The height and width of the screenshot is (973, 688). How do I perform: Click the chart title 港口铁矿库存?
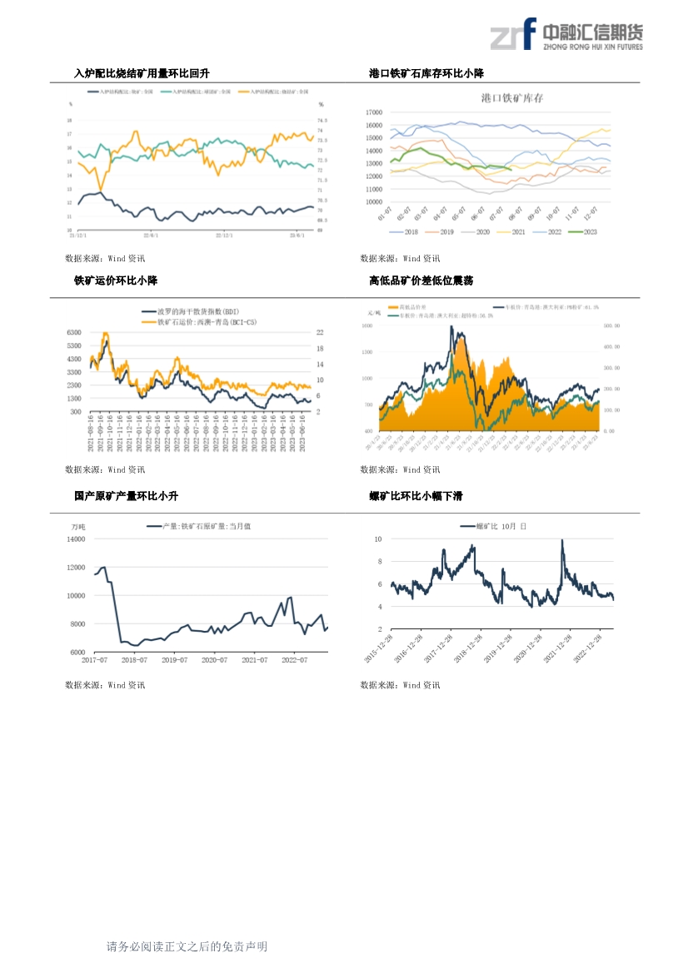tap(511, 98)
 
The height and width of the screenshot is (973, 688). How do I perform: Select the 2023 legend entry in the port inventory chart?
tap(582, 232)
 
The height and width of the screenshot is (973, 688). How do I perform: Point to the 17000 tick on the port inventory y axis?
tap(373, 112)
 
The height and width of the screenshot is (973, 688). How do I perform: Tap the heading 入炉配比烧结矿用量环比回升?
tap(142, 74)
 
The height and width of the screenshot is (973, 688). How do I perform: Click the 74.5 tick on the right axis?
tap(322, 120)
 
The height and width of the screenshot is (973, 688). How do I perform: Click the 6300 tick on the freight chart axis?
tap(73, 332)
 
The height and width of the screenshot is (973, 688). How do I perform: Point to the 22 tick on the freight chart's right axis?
tap(319, 332)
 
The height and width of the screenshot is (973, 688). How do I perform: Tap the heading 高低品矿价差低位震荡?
tap(421, 281)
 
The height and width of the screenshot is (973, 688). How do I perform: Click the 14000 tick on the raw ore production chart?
tap(76, 539)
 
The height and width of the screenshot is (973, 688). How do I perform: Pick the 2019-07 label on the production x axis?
tap(174, 660)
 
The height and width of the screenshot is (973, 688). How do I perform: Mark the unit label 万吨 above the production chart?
tap(78, 527)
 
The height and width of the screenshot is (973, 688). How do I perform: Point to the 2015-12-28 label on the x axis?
tap(380, 647)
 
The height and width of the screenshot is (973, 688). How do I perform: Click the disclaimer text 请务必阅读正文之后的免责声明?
tap(187, 947)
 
